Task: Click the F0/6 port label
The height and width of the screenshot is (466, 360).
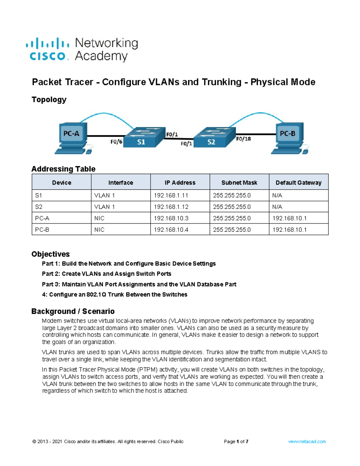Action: (x=116, y=142)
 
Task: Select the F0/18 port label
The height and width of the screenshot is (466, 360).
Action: (x=243, y=139)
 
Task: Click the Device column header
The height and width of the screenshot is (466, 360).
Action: (x=61, y=182)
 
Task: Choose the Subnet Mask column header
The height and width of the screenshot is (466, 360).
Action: (x=239, y=182)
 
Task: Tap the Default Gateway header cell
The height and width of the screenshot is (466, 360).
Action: (x=298, y=182)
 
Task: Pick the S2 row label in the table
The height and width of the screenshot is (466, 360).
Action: (x=39, y=207)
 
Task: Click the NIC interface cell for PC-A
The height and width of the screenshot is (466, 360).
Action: (x=99, y=218)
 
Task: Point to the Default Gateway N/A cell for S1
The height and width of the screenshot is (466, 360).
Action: (x=277, y=195)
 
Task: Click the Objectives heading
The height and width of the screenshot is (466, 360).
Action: (x=50, y=254)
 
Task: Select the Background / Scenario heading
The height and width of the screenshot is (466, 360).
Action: (x=73, y=311)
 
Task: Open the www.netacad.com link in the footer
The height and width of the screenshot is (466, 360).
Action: (x=307, y=441)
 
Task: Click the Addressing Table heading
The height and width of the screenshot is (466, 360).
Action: (x=63, y=169)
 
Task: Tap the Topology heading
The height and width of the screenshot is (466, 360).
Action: (x=49, y=99)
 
